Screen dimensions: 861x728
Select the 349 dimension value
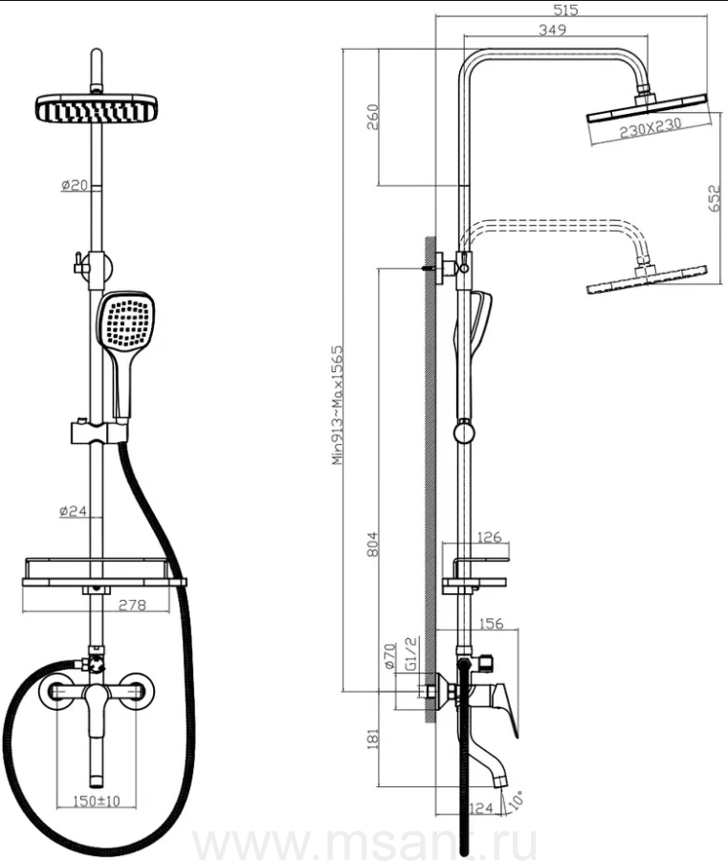[552, 30]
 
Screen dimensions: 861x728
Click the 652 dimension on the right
[715, 197]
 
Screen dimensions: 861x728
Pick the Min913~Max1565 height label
[338, 404]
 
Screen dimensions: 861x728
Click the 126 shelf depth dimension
[489, 538]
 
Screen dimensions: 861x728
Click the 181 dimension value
[373, 737]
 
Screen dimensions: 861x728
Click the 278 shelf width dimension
[131, 604]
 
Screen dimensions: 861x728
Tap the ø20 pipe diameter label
[75, 186]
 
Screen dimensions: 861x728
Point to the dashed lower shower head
[646, 281]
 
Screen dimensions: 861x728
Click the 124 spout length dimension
[482, 809]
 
